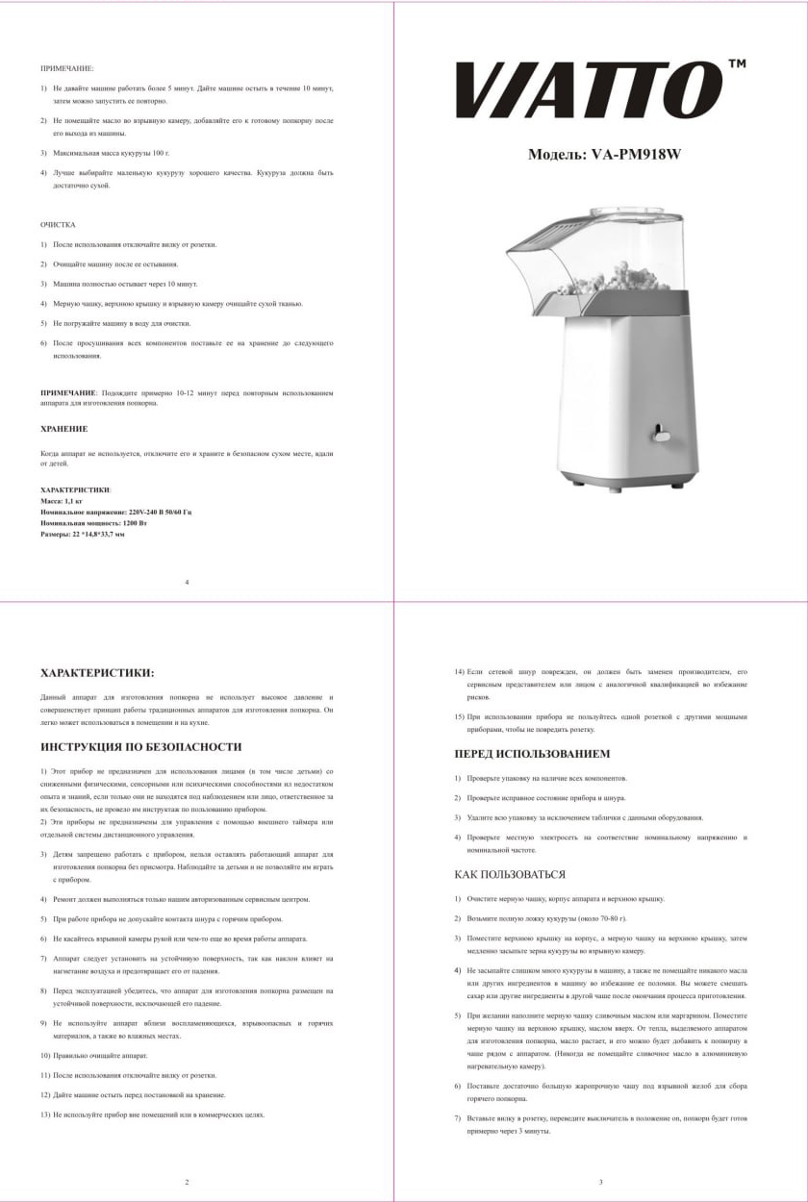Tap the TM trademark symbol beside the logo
(x=737, y=63)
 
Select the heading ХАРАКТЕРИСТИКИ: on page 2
(x=97, y=673)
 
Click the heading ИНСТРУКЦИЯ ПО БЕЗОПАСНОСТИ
(x=140, y=746)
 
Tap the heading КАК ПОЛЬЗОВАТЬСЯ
(x=510, y=874)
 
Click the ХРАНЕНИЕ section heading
(x=63, y=429)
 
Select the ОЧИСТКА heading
(x=58, y=224)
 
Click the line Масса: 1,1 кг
(x=62, y=501)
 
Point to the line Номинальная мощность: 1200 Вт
(x=93, y=522)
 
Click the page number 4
(x=187, y=582)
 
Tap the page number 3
(x=600, y=1182)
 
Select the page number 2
(x=187, y=1182)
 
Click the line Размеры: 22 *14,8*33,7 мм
(x=83, y=534)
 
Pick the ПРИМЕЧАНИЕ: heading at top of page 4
(x=67, y=68)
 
